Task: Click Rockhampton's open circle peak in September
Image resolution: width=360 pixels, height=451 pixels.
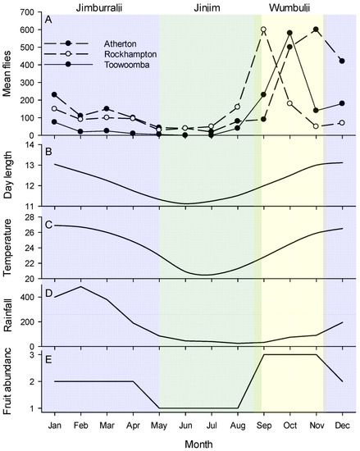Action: tap(263, 30)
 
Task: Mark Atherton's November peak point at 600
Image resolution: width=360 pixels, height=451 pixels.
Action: tap(316, 30)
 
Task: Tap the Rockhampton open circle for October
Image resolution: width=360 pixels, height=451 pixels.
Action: tap(289, 103)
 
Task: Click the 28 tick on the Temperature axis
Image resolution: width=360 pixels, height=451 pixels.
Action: tap(34, 217)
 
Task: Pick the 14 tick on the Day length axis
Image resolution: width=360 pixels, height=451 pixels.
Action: tap(34, 144)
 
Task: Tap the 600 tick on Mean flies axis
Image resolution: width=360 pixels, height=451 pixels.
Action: tap(31, 30)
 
